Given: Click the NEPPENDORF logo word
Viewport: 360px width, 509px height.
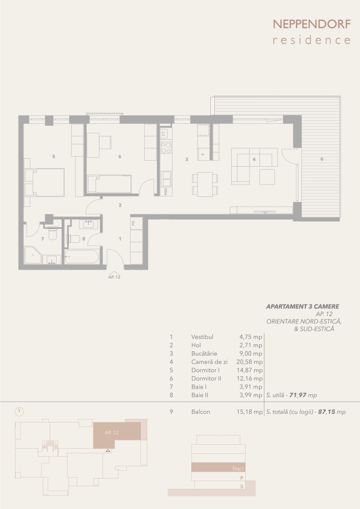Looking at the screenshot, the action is (312, 24).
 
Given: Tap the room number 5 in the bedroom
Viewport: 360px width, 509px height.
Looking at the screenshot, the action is (54, 156).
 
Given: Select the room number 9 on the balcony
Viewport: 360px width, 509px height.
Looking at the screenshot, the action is (321, 159).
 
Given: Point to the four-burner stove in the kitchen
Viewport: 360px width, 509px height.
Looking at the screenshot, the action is (166, 148).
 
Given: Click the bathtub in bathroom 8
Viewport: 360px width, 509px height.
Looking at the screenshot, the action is (82, 256).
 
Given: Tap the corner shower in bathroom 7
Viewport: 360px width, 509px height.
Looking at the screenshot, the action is (33, 255).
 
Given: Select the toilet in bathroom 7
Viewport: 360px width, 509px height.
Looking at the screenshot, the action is (53, 233).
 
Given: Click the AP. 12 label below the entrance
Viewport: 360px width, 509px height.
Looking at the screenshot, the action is (114, 277).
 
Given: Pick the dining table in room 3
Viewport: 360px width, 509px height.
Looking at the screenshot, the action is (205, 184).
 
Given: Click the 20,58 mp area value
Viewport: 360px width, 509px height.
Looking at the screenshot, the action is (250, 362).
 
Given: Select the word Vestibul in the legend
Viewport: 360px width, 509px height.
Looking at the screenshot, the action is (202, 337).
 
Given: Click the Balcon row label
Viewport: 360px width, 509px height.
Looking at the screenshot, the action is (201, 412).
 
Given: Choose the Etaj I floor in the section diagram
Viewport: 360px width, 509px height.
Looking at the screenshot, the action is (218, 467).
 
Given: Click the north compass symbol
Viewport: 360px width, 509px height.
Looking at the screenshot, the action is (19, 411).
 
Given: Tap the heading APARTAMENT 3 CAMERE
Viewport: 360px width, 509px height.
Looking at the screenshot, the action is (303, 306).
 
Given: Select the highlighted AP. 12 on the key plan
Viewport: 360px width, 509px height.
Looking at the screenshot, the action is (111, 433).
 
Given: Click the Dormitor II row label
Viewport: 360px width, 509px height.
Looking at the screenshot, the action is (206, 379).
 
